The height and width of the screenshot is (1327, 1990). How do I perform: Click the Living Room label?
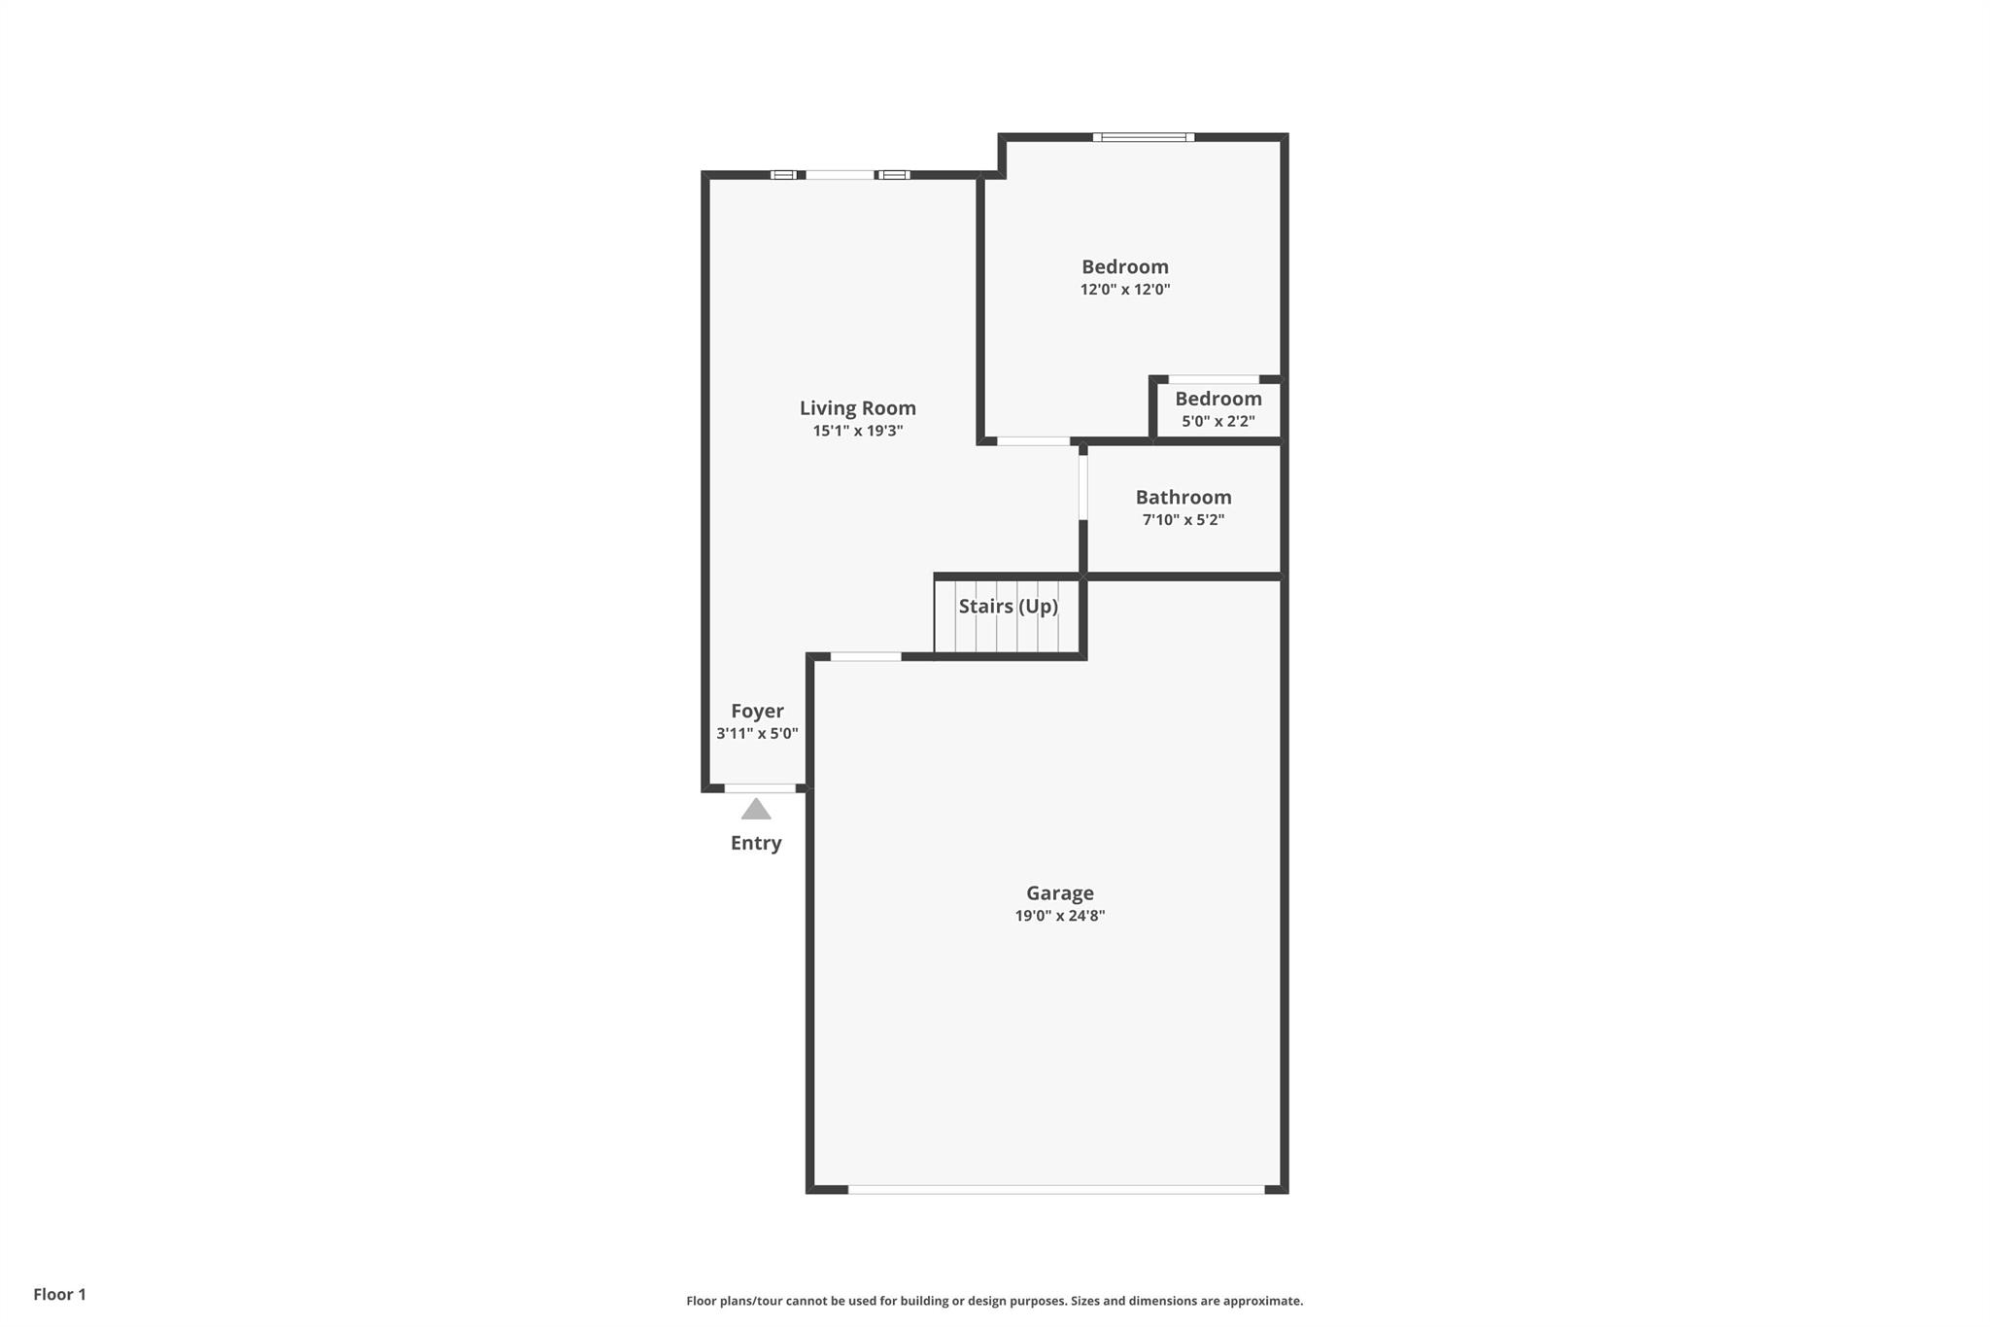point(858,408)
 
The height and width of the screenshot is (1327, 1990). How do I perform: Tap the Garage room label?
point(1060,893)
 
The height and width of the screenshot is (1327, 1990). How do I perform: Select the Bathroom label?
point(1184,498)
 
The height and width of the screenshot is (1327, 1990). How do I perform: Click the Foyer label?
point(757,712)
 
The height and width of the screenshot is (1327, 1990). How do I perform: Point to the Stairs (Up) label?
point(1009,607)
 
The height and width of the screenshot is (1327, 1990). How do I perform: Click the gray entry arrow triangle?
point(756,809)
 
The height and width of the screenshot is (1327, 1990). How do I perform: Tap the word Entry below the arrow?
point(756,843)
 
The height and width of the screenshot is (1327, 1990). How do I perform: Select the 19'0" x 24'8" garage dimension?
point(1060,916)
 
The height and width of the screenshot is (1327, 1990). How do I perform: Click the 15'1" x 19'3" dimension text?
point(858,431)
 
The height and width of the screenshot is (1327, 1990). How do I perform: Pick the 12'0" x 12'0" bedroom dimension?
point(1125,290)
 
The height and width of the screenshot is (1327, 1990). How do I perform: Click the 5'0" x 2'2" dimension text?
point(1218,422)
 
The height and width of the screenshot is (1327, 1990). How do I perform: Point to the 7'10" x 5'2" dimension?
point(1184,520)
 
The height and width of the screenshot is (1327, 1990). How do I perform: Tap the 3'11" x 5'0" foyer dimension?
point(757,734)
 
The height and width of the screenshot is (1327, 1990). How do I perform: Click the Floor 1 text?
point(60,1295)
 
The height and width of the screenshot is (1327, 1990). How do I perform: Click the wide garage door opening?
point(1056,1190)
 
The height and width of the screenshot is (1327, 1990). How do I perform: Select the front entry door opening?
point(760,788)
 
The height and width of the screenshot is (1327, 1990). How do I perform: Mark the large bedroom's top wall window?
point(1144,137)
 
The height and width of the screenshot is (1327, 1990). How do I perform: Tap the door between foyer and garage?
point(866,657)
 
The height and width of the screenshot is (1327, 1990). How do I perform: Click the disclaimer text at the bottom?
point(995,1301)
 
